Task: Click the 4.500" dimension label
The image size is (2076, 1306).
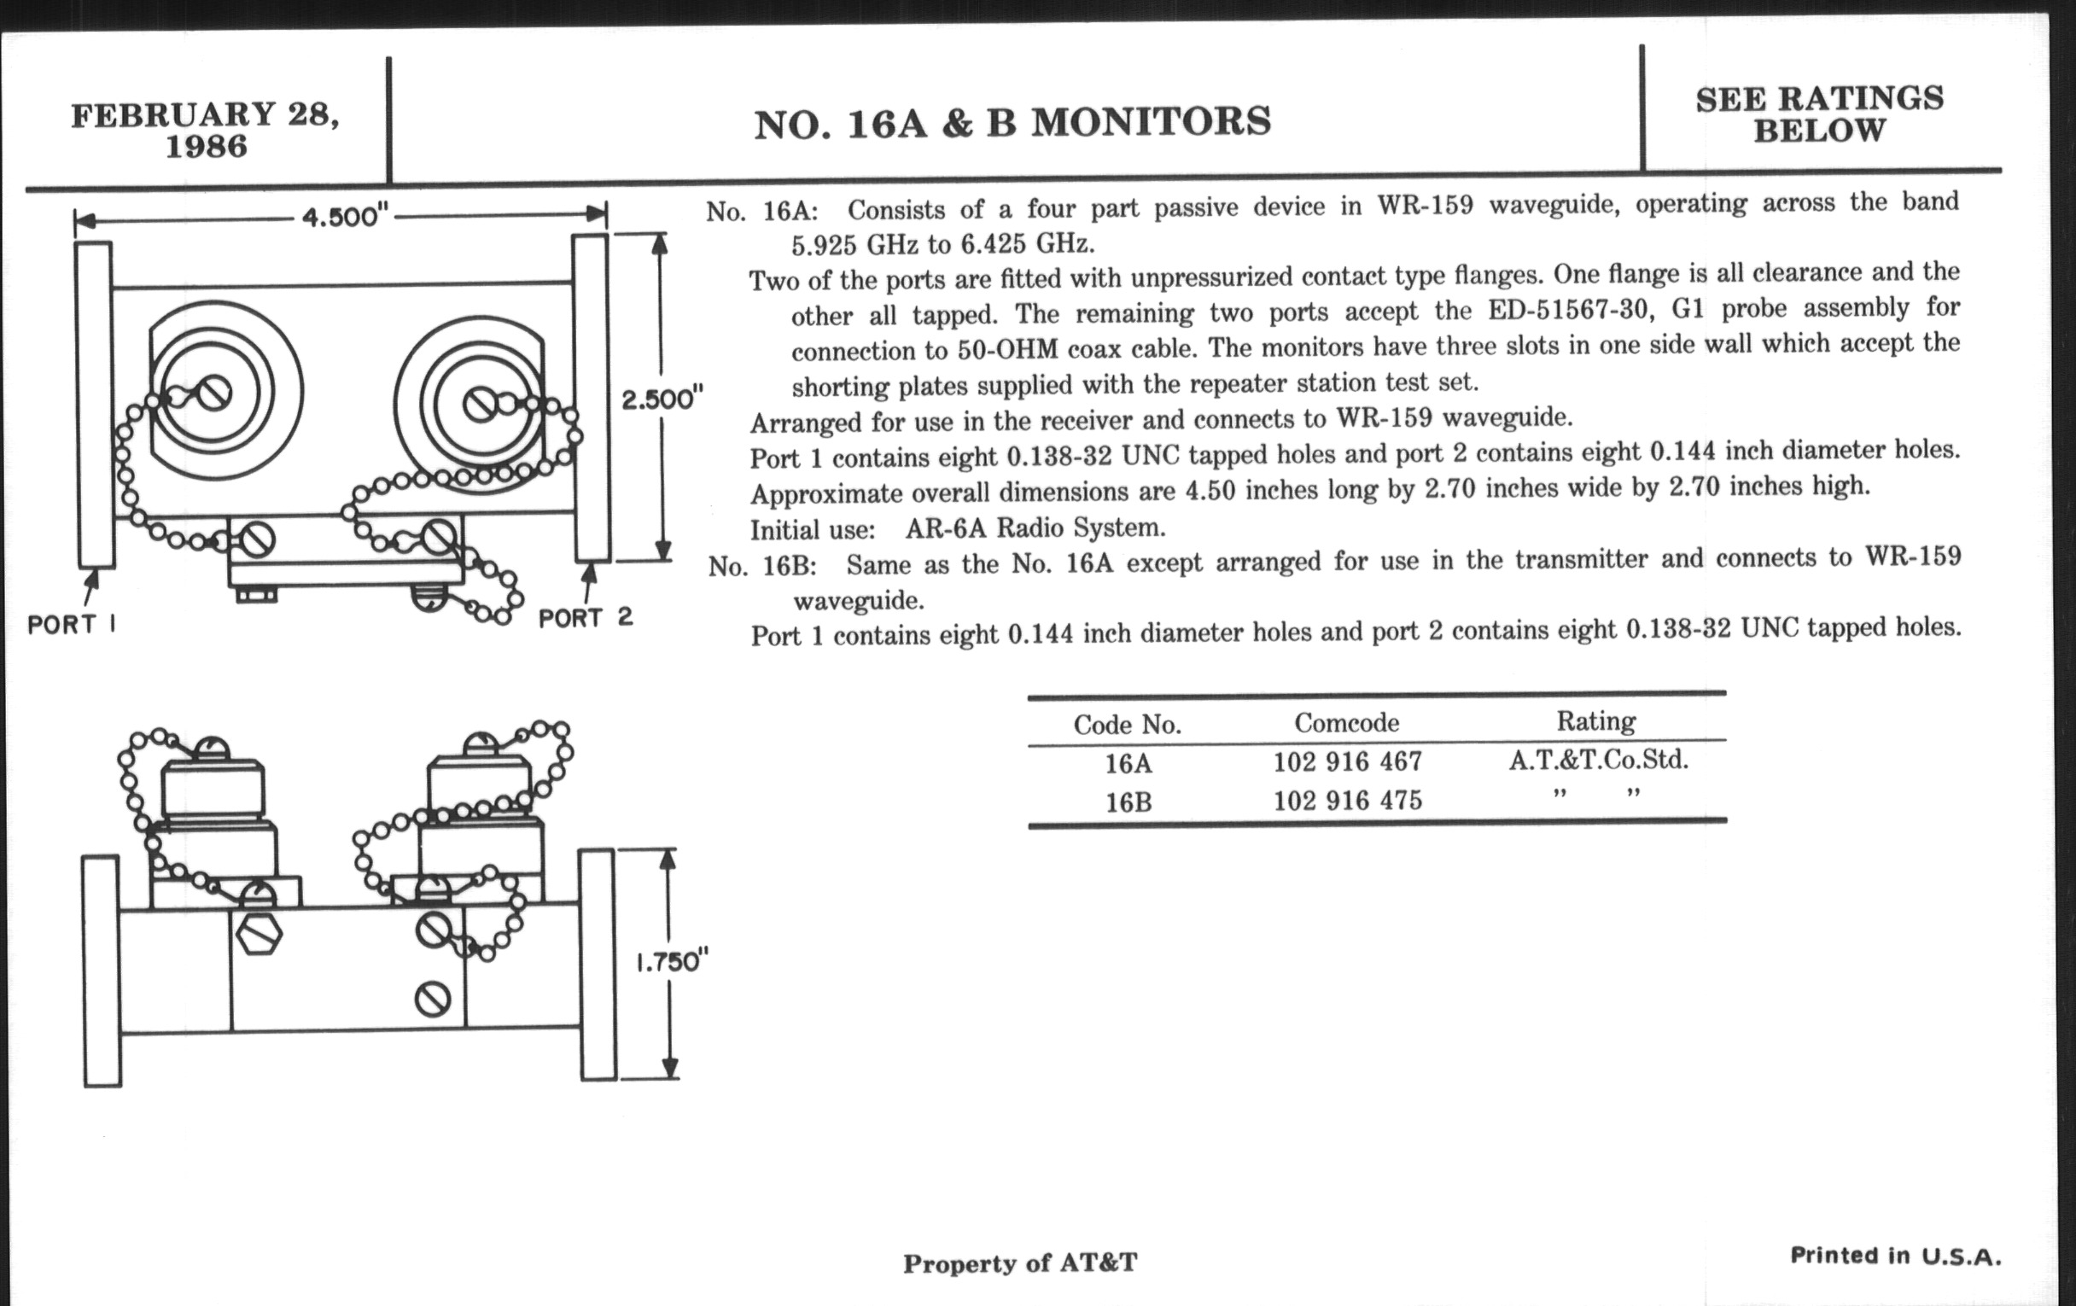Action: click(341, 216)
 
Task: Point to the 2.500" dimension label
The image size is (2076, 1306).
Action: click(662, 400)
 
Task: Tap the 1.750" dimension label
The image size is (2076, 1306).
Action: click(672, 961)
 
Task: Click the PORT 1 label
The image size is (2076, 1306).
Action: click(72, 624)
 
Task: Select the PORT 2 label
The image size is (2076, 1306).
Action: click(586, 617)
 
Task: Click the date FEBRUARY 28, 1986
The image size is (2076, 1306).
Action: click(205, 130)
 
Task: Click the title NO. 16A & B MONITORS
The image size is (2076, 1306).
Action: click(1012, 122)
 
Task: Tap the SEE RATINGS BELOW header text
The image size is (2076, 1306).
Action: click(1819, 114)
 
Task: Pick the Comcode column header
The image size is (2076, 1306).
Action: click(1346, 722)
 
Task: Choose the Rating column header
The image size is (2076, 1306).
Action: click(1595, 720)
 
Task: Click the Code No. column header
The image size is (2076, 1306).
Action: click(1127, 725)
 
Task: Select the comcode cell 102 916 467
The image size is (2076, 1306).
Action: click(1348, 761)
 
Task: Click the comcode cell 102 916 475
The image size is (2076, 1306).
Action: click(1348, 801)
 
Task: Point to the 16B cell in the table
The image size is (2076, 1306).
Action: click(1128, 802)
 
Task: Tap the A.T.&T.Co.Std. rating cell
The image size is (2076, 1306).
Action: click(1598, 760)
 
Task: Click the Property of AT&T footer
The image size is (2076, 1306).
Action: click(1020, 1264)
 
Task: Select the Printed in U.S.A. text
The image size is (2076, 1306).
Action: click(1895, 1256)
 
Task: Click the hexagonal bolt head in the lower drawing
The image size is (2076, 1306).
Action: click(259, 934)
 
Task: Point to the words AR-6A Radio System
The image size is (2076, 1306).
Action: click(1035, 528)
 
